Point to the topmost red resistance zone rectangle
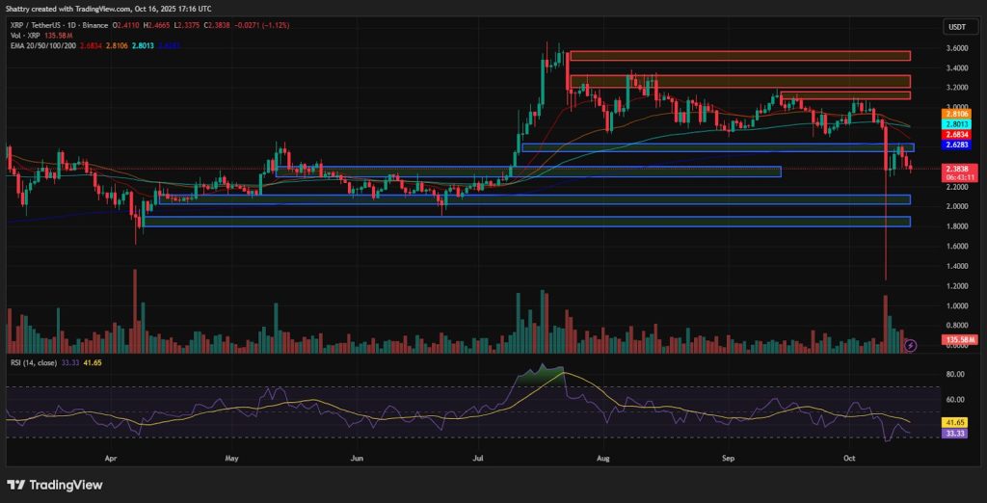pos(739,56)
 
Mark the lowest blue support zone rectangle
pos(526,222)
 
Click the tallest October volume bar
pos(885,324)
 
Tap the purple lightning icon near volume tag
pos(910,344)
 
